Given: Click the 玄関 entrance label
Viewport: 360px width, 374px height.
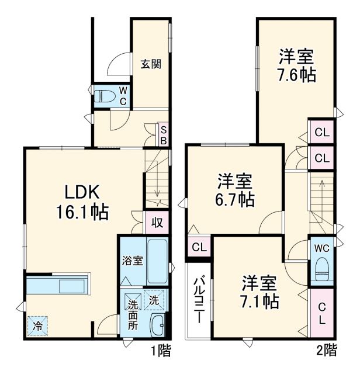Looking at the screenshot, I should click(x=150, y=64).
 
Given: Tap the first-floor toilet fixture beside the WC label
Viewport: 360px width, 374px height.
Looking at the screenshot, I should click(x=105, y=96).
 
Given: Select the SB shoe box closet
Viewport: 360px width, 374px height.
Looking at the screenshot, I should click(x=164, y=136).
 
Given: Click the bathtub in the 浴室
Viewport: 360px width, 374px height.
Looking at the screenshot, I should click(x=157, y=261).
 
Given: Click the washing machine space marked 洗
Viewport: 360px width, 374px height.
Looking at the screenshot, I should click(x=154, y=300).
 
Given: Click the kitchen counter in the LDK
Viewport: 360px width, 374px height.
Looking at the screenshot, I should click(x=57, y=285).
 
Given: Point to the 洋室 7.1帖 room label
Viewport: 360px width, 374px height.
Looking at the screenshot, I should click(x=260, y=292).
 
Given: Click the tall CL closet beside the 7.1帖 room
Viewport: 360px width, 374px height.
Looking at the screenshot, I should click(x=322, y=313).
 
